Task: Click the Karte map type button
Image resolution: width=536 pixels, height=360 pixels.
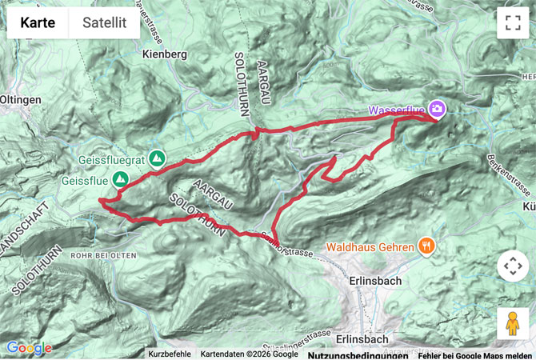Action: coord(38,23)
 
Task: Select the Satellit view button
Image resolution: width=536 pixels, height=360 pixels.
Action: coord(104,23)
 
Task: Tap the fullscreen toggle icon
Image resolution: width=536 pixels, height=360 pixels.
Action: coord(513,23)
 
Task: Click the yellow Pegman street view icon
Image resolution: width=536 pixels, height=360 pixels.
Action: coord(513,323)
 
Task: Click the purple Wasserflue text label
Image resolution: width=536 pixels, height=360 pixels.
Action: coord(395,109)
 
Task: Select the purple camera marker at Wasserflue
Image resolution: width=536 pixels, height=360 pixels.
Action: coord(437,108)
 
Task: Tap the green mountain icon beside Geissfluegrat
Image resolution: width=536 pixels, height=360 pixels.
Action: coord(157,159)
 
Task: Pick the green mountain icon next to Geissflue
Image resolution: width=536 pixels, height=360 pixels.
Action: coord(121,180)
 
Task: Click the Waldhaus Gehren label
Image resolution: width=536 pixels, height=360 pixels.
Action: coord(369,246)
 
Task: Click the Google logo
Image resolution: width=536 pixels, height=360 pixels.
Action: coord(29,348)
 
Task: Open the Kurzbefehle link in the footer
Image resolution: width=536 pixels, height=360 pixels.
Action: coord(169,354)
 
